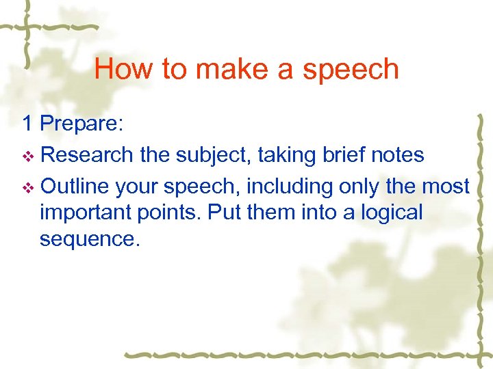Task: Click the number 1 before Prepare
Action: tap(27, 123)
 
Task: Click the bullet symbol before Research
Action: tap(27, 156)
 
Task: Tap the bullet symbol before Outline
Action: tap(27, 187)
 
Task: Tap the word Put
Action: tap(225, 213)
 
